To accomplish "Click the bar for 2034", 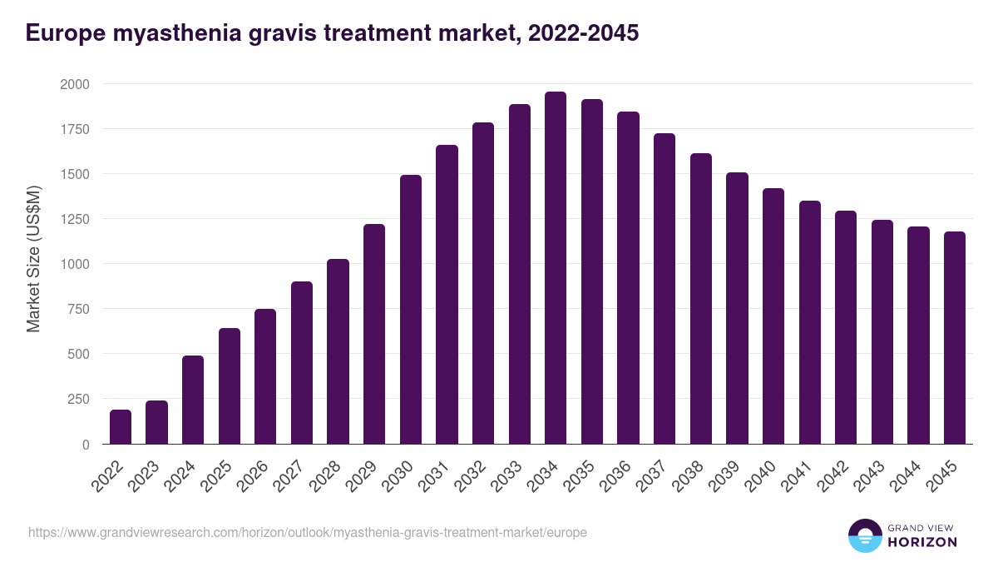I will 556,268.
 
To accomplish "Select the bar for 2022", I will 121,427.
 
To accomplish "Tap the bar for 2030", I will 411,310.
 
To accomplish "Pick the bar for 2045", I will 954,338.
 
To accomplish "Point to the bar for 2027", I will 302,363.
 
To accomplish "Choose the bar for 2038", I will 701,299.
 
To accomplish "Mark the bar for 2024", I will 193,400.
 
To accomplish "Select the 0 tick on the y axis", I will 85,445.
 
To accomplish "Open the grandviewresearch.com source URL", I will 308,532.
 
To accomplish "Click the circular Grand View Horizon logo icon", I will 864,535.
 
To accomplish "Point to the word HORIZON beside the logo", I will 922,542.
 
